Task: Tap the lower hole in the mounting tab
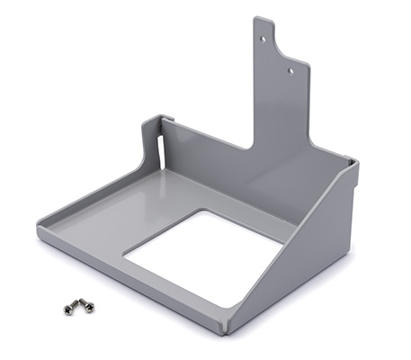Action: (x=290, y=67)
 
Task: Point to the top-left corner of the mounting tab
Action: (x=255, y=18)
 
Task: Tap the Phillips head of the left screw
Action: (x=67, y=310)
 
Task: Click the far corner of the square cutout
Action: (x=212, y=212)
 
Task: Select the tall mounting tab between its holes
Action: (x=277, y=54)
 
